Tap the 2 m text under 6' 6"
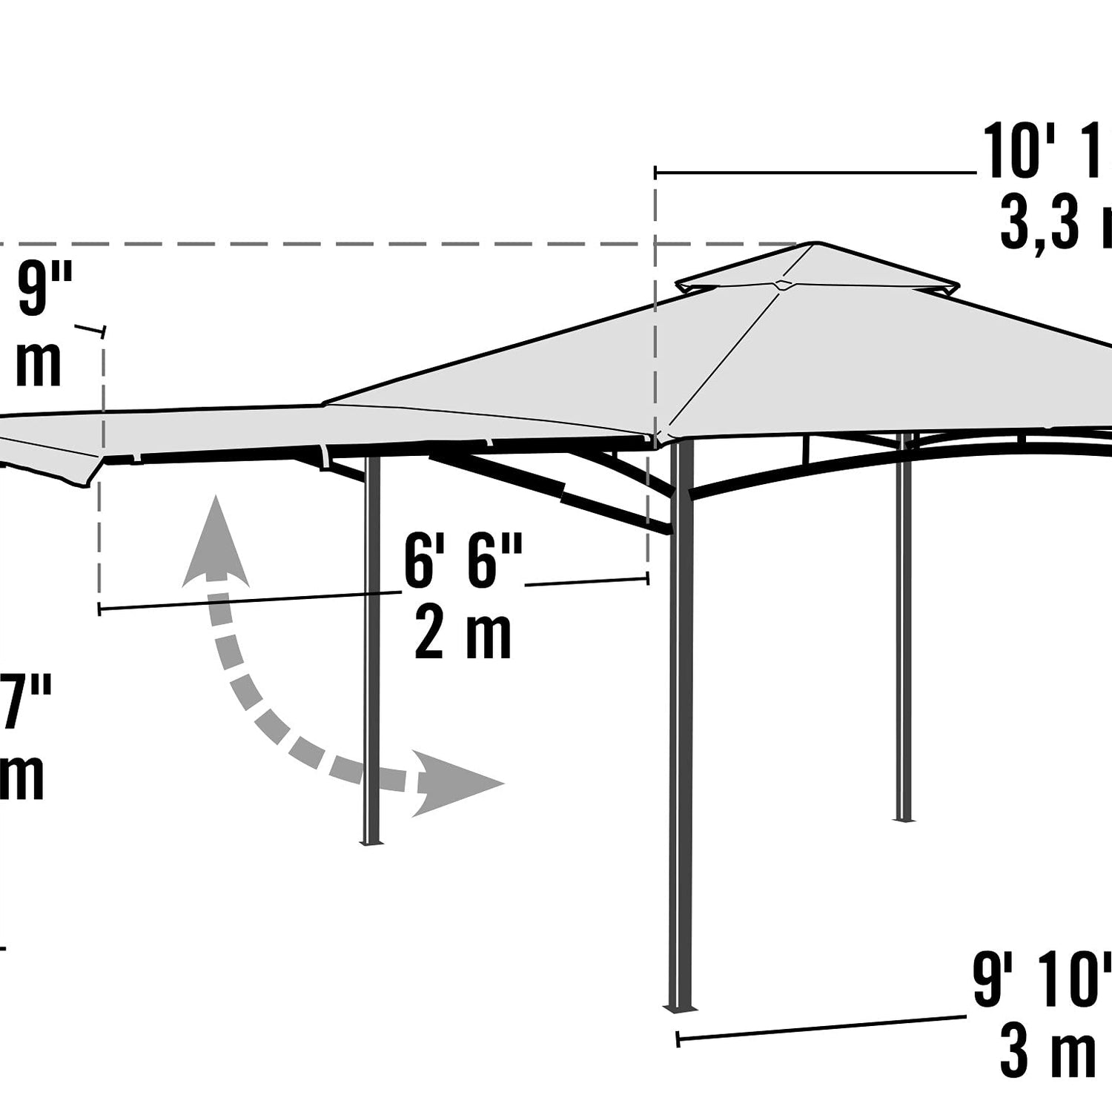[x=463, y=635]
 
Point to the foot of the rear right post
[x=902, y=818]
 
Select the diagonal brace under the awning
[x=549, y=486]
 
